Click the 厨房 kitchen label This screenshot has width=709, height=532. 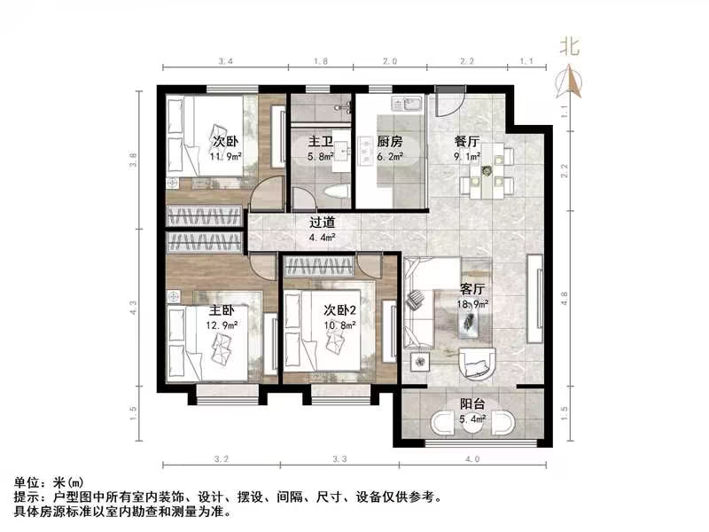point(390,141)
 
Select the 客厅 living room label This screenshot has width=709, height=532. point(471,289)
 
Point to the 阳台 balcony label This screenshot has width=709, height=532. point(471,404)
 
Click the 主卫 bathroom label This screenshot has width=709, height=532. point(320,141)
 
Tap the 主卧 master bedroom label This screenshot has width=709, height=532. point(221,311)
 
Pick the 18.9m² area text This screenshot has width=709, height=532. point(471,303)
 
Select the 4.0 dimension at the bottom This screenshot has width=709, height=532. point(471,459)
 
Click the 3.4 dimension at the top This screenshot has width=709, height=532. point(225,62)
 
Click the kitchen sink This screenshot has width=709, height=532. point(409,104)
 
